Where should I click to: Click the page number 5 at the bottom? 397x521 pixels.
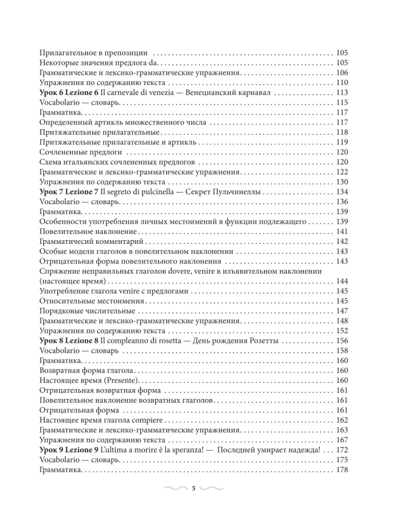(193, 488)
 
